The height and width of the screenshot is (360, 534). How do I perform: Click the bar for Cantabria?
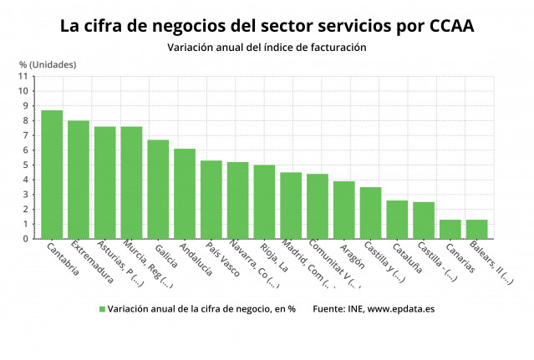[52, 175]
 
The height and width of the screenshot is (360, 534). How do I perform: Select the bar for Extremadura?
[79, 180]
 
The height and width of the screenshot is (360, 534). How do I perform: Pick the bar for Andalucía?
[185, 194]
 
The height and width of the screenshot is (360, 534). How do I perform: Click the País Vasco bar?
[211, 200]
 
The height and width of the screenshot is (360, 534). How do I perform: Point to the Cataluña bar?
[397, 220]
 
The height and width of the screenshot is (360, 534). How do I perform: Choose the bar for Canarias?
[450, 230]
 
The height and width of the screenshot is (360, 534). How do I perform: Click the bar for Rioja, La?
[264, 202]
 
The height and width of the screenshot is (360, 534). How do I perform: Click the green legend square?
[102, 309]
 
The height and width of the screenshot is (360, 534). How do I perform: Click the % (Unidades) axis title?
[48, 64]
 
